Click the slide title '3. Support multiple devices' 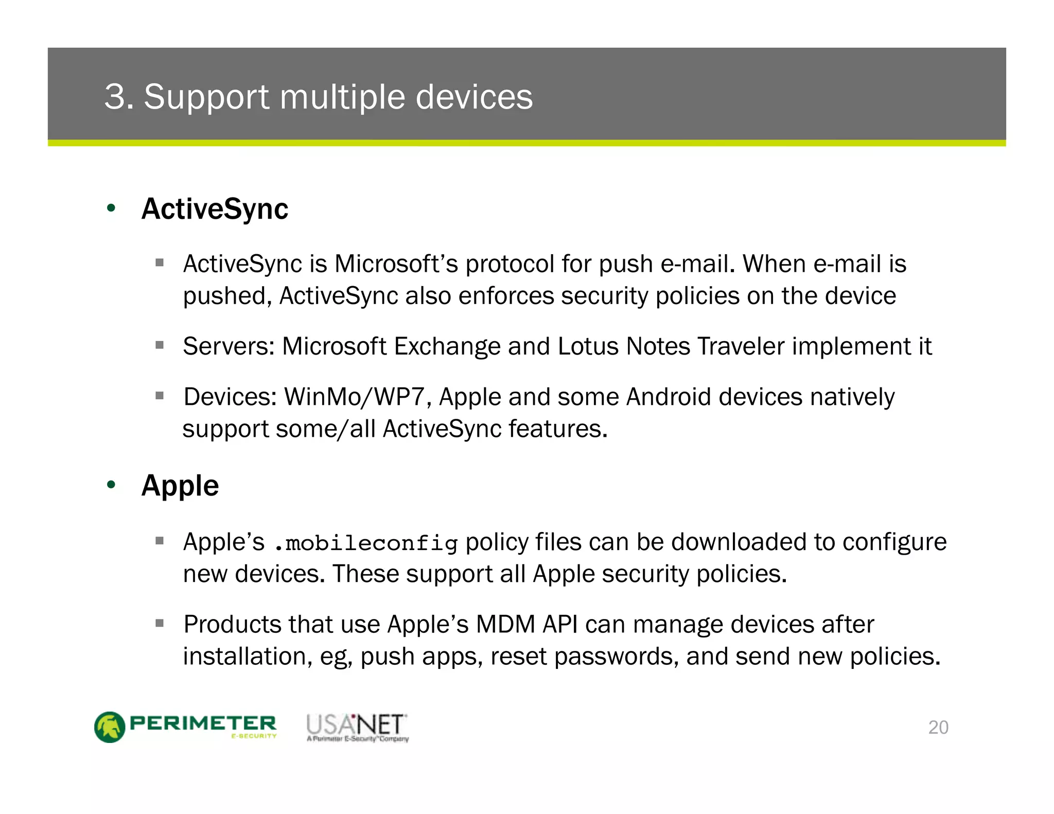(x=319, y=97)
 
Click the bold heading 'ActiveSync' (x=215, y=209)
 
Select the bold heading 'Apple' (x=180, y=486)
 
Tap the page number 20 (x=938, y=727)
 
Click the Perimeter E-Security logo (x=186, y=727)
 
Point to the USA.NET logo (x=357, y=727)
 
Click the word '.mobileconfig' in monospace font (x=366, y=543)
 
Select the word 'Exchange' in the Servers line (x=447, y=346)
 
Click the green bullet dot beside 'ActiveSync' (x=111, y=209)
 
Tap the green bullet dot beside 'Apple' (x=111, y=485)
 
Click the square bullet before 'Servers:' (x=160, y=345)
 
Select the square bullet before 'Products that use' (x=160, y=624)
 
